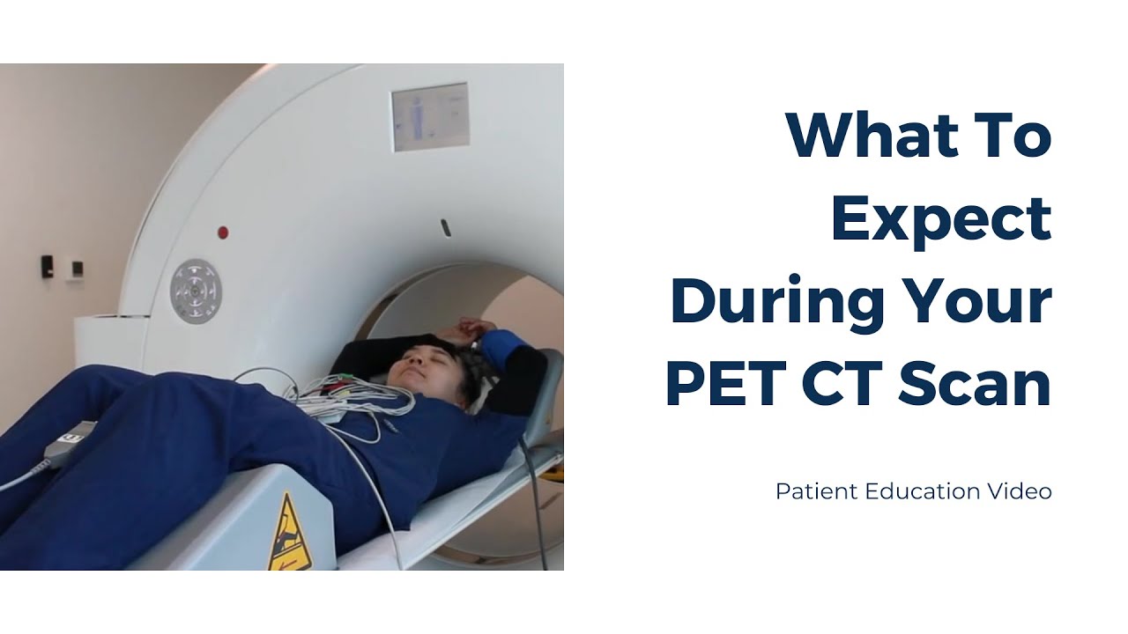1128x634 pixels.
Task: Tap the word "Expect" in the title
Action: pos(941,220)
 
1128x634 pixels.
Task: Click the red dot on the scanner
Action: pos(223,232)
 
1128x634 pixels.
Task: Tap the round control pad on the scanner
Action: pos(196,291)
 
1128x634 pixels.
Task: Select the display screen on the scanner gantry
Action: pos(429,117)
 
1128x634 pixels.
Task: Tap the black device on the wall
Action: pos(47,267)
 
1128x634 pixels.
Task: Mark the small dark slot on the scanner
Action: pos(446,226)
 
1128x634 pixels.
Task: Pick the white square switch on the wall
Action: pos(78,269)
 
